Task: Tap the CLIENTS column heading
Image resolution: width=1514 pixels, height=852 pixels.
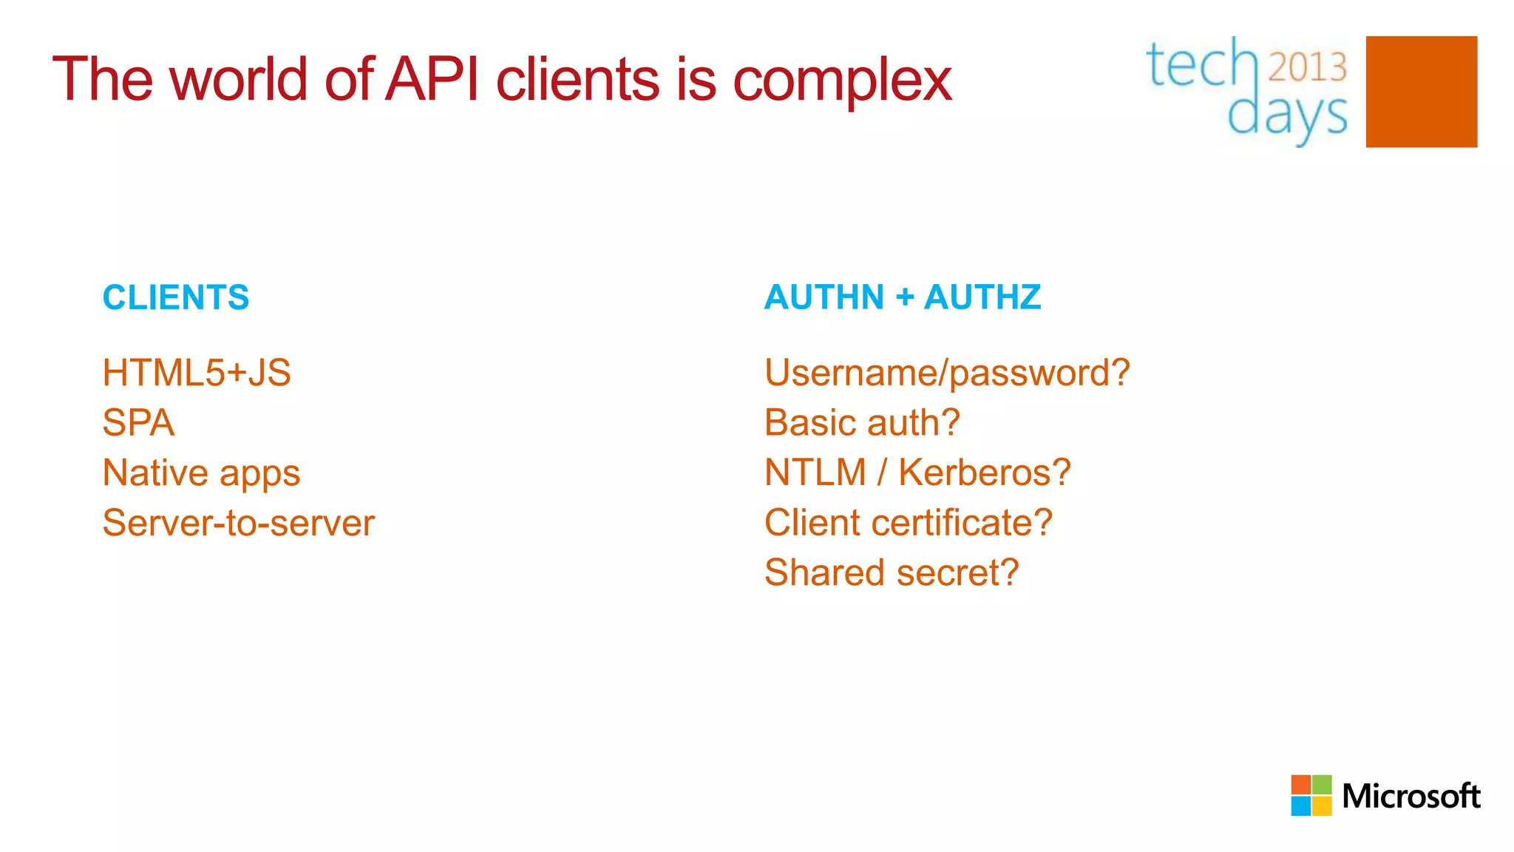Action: [x=176, y=297]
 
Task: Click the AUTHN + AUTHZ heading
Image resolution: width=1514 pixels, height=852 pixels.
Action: [x=903, y=297]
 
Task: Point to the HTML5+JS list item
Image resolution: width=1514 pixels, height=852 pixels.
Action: [x=197, y=373]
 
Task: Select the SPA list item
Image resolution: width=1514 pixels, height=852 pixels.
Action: [x=139, y=423]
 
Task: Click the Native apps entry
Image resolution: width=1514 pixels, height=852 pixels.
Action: [x=202, y=473]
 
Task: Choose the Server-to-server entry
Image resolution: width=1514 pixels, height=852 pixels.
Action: [x=239, y=523]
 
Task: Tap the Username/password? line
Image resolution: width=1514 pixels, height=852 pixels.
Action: [x=947, y=373]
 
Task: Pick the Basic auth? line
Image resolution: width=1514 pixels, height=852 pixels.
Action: [x=862, y=423]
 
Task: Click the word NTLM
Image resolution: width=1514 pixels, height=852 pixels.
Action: [x=815, y=473]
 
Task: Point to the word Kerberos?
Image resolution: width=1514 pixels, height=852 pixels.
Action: [x=984, y=473]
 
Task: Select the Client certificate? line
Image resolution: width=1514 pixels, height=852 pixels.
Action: [x=909, y=523]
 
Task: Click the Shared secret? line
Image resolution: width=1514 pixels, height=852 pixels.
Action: [x=892, y=572]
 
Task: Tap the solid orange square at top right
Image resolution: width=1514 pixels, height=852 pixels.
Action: [x=1421, y=92]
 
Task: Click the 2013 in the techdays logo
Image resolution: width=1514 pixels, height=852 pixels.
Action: [x=1307, y=67]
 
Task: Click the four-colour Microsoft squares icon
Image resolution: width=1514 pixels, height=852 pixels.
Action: [x=1311, y=795]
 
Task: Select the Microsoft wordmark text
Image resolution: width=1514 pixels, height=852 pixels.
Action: [x=1411, y=797]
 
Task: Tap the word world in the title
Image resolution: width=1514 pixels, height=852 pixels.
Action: [x=238, y=79]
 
